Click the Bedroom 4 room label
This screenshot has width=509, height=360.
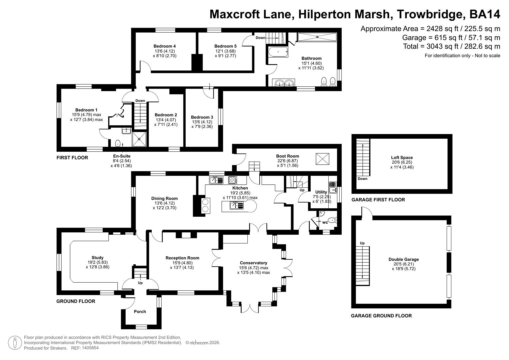point(165,46)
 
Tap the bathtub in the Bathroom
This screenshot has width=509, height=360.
point(278,52)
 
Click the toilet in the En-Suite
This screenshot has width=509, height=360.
point(118,143)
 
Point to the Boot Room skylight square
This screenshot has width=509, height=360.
point(322,159)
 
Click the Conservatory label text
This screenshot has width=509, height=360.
point(253,263)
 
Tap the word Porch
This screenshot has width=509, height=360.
point(140,312)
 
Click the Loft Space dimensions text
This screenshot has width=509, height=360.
point(402,165)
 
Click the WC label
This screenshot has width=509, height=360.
point(325,222)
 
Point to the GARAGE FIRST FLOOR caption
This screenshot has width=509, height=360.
point(378,200)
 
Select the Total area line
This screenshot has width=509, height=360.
point(451,46)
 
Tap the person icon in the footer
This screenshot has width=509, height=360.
point(15,343)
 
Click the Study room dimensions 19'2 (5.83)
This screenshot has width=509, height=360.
point(97,262)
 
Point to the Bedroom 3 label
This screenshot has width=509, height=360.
point(202,117)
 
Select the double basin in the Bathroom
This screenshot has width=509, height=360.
point(283,83)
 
